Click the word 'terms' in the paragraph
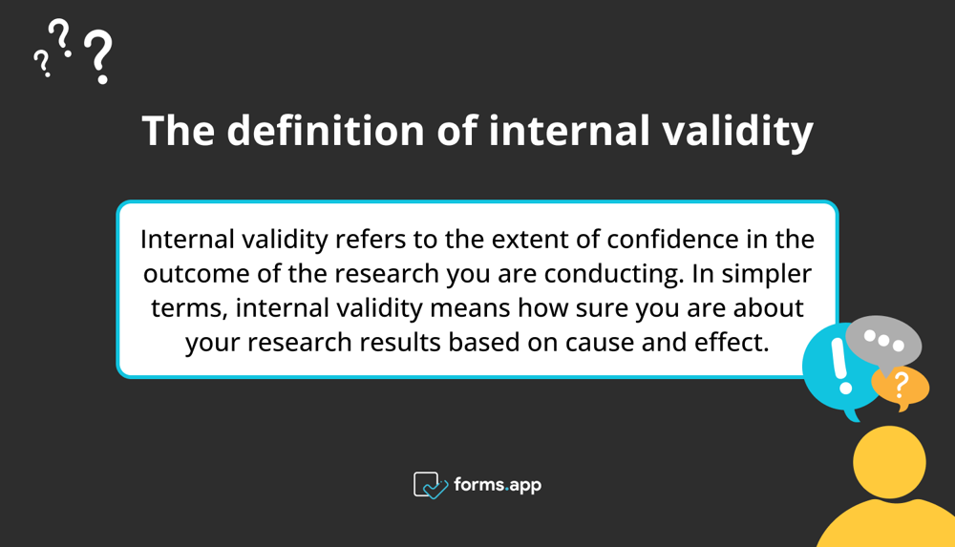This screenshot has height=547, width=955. (187, 307)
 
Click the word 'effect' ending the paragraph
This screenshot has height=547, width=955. (734, 342)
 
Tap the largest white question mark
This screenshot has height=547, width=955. (97, 56)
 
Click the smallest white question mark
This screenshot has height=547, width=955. (41, 63)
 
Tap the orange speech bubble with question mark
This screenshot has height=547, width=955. (901, 387)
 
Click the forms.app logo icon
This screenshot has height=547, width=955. (431, 485)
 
